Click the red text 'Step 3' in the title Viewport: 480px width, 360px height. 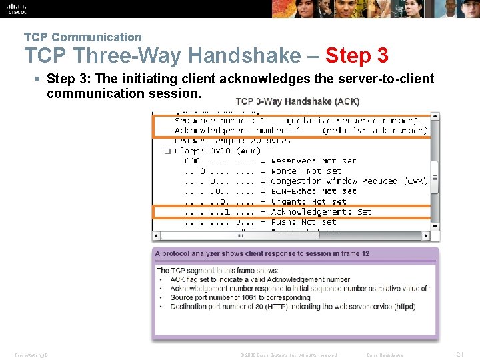point(357,55)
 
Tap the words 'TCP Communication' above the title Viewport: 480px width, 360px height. point(83,37)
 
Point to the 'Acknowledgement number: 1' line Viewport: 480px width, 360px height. point(238,131)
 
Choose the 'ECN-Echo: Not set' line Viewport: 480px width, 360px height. point(313,191)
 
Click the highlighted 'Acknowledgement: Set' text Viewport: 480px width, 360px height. point(321,212)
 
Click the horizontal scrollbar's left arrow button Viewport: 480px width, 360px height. point(156,235)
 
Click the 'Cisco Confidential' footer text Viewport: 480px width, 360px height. point(390,355)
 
